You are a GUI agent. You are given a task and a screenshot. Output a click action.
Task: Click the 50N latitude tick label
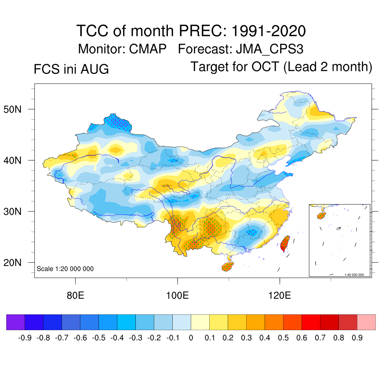click(x=12, y=109)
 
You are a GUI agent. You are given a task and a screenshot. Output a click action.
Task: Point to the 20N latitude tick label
click(x=12, y=263)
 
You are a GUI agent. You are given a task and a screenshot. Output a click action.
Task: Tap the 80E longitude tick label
click(x=75, y=295)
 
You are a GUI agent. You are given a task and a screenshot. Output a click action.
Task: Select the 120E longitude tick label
click(x=279, y=295)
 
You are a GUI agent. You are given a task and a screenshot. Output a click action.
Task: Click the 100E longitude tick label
click(x=177, y=295)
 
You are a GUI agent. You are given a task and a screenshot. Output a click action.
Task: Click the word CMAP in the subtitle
click(x=148, y=49)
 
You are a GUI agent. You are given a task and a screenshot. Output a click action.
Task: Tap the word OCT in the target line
click(x=265, y=67)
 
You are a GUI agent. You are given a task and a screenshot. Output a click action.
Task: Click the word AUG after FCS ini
click(x=94, y=69)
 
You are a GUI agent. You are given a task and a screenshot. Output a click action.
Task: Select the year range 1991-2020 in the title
click(x=269, y=31)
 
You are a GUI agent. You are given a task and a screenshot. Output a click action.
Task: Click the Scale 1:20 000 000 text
click(x=65, y=269)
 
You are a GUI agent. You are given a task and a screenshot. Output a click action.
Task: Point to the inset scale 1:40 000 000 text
click(x=354, y=275)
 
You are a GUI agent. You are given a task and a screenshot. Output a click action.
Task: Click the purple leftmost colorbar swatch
click(x=16, y=322)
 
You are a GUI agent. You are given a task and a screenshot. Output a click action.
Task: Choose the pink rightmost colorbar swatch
click(x=366, y=322)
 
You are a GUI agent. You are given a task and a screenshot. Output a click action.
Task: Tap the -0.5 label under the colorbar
click(x=98, y=338)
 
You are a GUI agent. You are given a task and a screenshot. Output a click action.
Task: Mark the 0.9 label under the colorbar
click(x=357, y=338)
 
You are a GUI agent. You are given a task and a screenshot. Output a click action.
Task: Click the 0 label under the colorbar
click(x=191, y=338)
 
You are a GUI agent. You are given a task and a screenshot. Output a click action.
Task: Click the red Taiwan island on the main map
click(x=285, y=243)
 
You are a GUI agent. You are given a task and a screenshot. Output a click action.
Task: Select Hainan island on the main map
click(x=228, y=266)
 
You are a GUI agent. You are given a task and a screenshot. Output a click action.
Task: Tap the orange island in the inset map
click(x=322, y=216)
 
